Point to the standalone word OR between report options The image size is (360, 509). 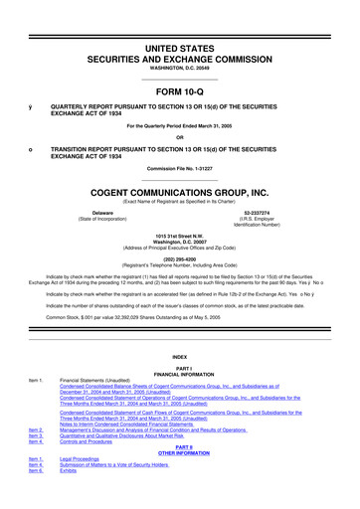pyautogui.click(x=179, y=137)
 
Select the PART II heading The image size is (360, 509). pyautogui.click(x=179, y=446)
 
